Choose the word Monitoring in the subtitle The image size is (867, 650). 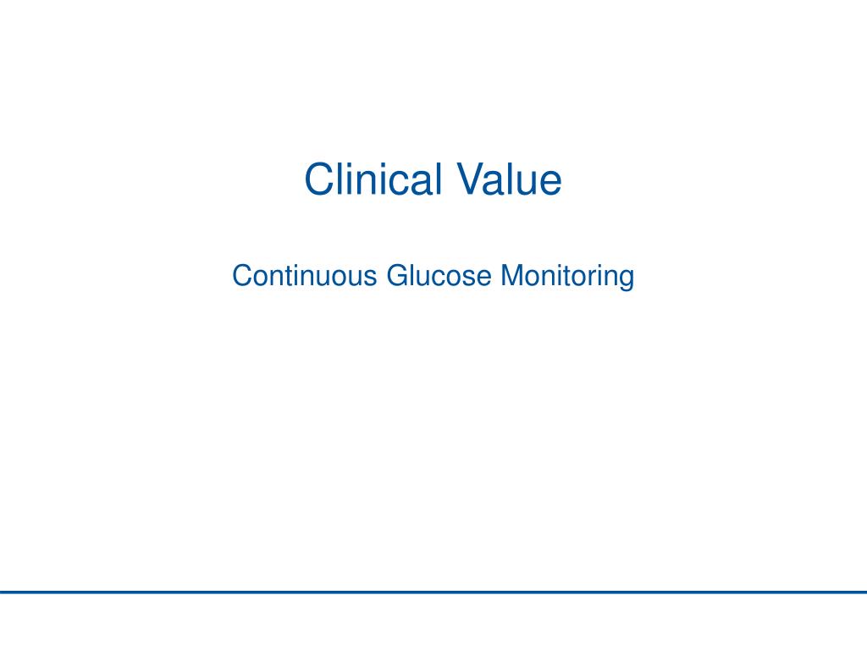567,276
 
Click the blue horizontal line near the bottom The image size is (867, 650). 433,592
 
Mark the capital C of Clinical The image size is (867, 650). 318,179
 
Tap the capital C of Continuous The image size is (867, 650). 240,276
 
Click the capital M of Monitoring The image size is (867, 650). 511,276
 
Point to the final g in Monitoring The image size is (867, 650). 627,278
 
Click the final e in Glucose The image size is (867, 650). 485,278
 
